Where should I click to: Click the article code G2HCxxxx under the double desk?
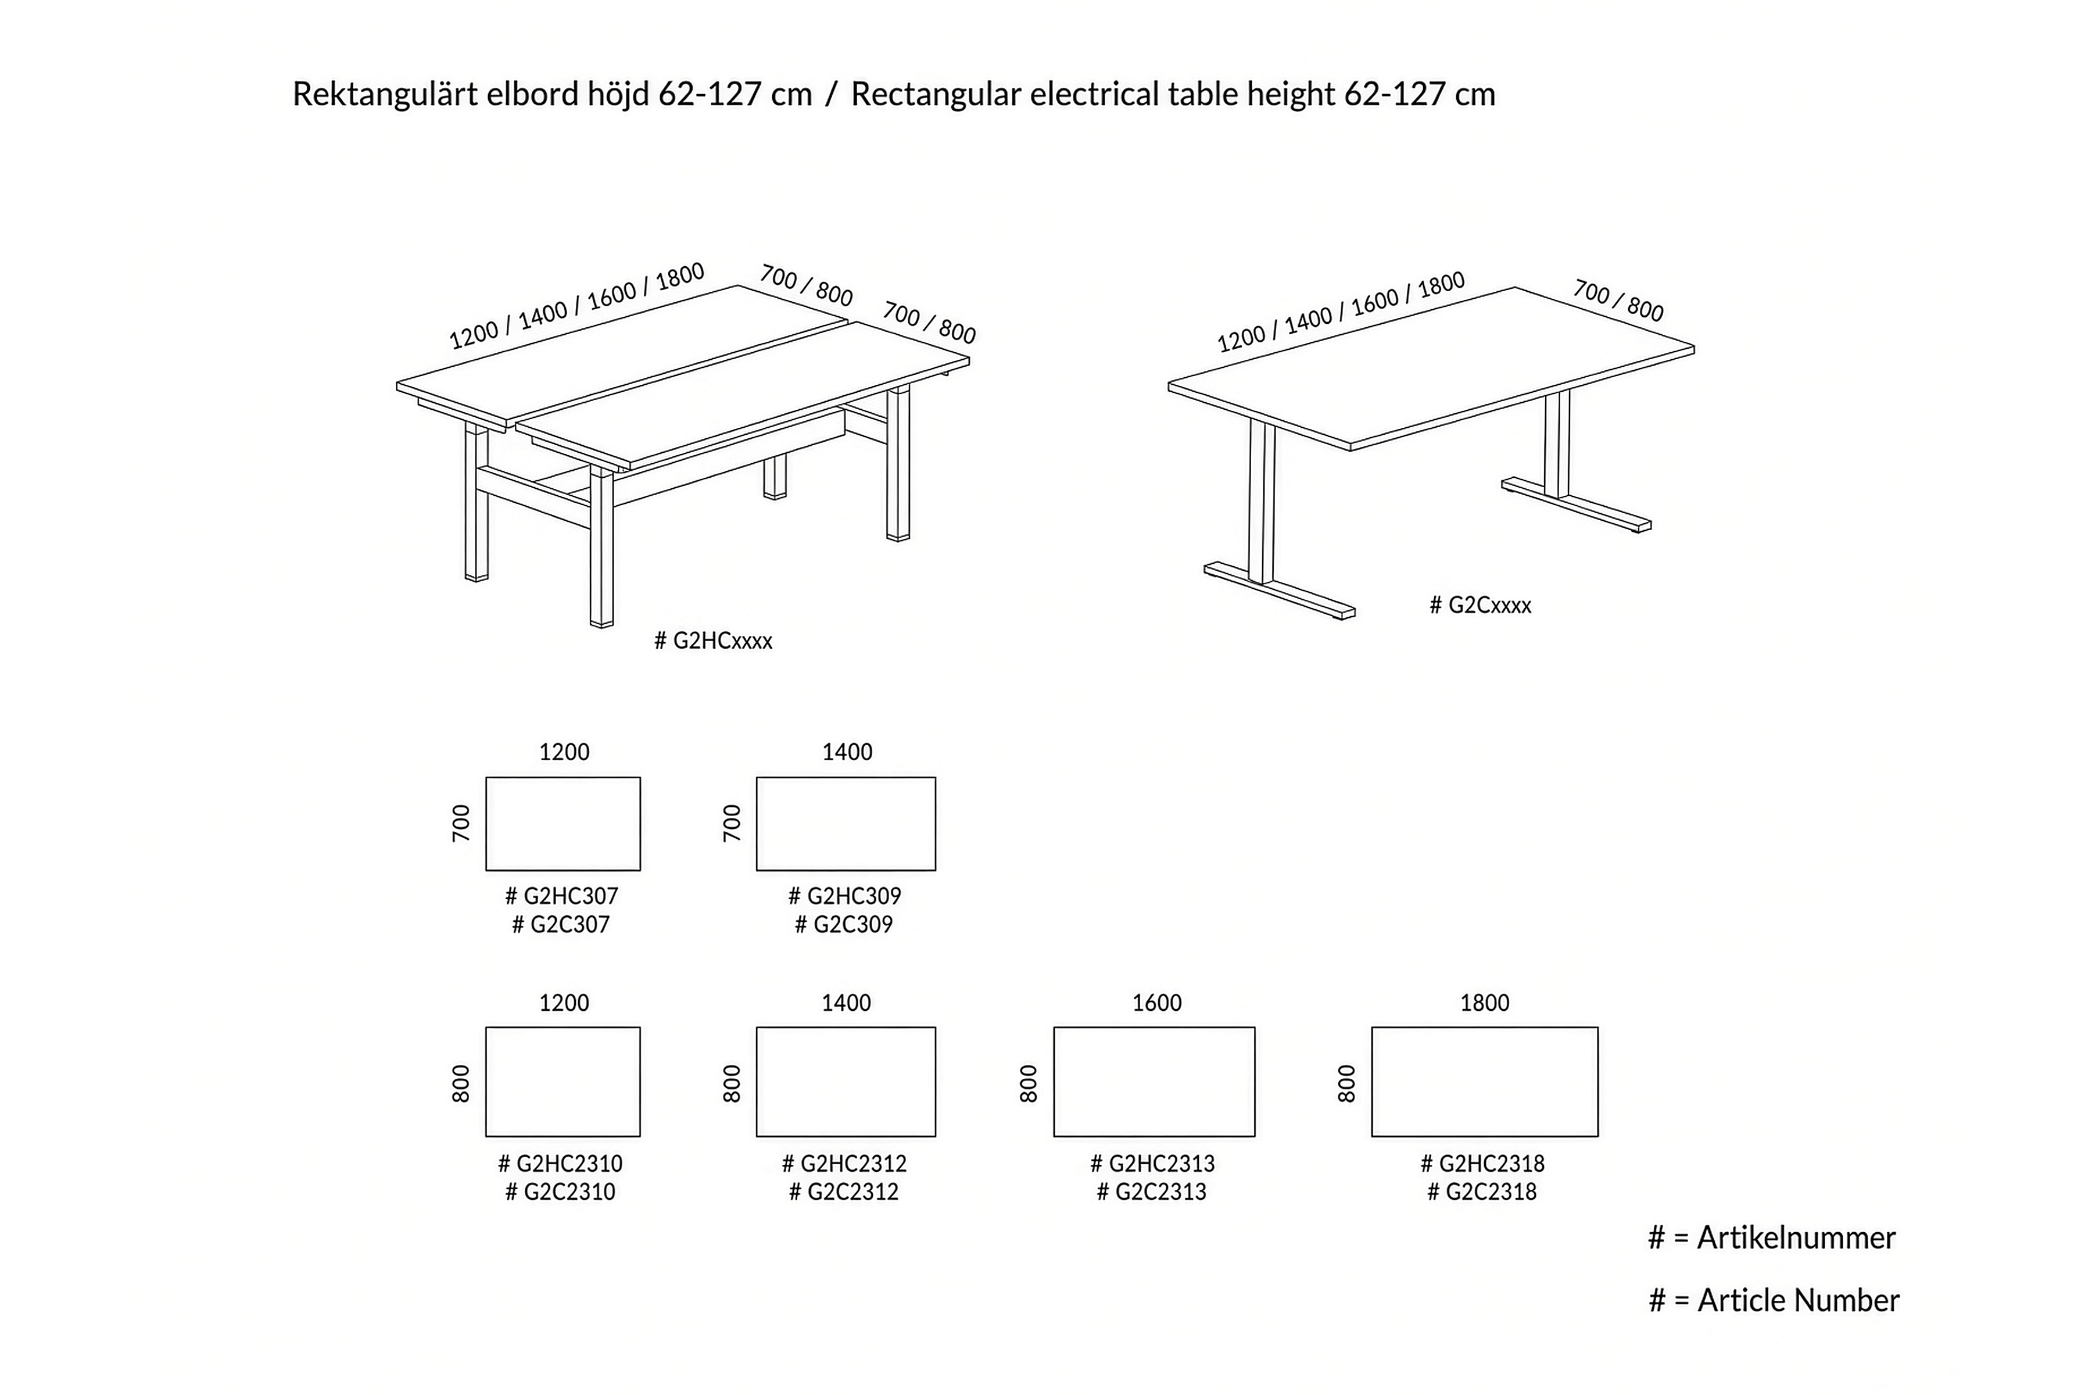tap(722, 641)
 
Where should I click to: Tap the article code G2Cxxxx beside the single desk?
tap(1490, 605)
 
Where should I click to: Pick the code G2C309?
tap(853, 924)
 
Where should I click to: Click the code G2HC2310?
tap(569, 1164)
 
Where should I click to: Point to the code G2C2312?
tap(853, 1192)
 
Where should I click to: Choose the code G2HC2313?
tap(1162, 1164)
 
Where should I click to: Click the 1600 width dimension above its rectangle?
tap(1156, 1004)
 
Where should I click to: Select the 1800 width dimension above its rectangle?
tap(1485, 1004)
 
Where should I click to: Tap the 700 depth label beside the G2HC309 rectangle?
tap(731, 824)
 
